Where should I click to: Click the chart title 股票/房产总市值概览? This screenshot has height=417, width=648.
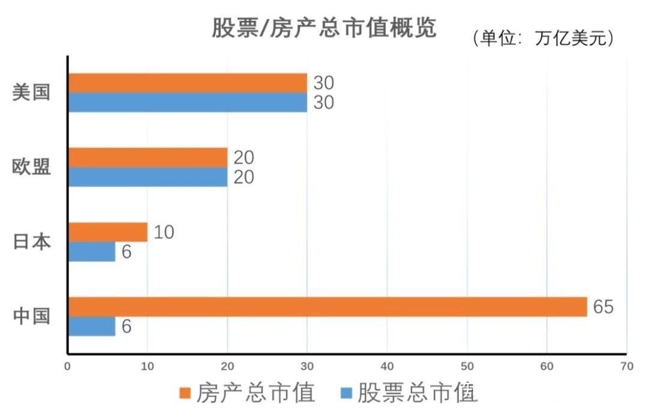[324, 28]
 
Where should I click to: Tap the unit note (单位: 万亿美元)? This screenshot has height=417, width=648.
[544, 38]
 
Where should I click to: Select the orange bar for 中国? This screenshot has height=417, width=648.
[328, 307]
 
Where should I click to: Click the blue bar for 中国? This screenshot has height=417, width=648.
[92, 326]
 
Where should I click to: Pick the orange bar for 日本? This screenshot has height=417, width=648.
[108, 232]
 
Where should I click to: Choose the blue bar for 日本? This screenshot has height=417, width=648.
[92, 252]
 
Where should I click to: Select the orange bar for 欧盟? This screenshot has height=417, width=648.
[148, 158]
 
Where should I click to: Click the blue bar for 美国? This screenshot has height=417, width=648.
[187, 103]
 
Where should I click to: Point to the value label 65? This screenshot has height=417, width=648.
[603, 307]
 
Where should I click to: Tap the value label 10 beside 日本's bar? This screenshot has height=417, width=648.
[164, 232]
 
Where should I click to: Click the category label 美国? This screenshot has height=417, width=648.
[31, 93]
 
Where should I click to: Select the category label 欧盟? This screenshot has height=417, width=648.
[31, 167]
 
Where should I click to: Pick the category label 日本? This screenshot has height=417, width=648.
[31, 242]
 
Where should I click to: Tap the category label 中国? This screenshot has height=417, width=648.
[31, 316]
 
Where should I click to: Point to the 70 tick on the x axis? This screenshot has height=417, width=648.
[626, 365]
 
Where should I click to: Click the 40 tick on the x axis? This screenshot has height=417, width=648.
[387, 365]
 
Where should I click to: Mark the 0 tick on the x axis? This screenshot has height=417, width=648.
[68, 365]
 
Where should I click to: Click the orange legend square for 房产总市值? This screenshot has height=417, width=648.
[185, 394]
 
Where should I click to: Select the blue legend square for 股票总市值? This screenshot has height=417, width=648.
[346, 394]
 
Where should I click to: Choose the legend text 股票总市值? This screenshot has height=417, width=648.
[418, 394]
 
